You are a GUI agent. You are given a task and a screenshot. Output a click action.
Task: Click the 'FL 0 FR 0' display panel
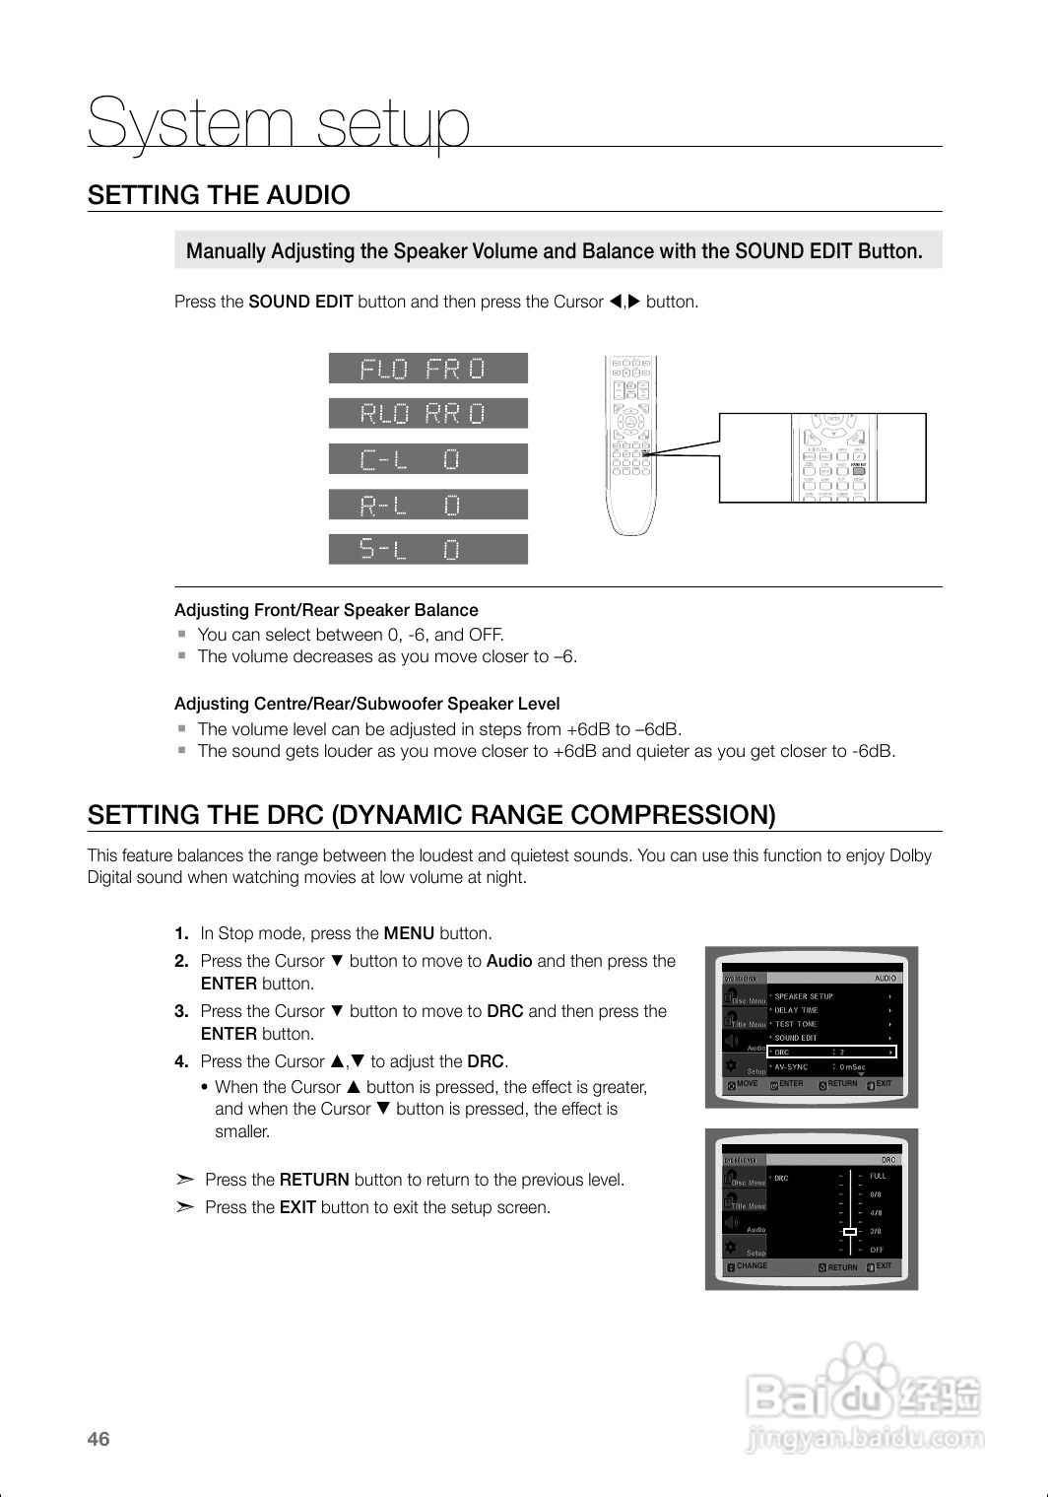[427, 369]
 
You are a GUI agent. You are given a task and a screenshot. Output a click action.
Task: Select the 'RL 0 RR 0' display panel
[427, 414]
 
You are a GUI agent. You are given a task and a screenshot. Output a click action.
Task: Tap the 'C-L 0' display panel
[427, 459]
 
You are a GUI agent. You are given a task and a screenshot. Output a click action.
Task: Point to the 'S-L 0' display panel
[427, 549]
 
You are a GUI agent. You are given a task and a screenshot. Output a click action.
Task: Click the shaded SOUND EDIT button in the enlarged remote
[859, 470]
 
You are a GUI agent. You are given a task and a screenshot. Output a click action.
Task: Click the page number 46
[98, 1439]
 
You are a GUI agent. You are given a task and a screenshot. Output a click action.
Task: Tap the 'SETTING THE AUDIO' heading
[219, 195]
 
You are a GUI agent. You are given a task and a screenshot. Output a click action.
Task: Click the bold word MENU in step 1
[409, 933]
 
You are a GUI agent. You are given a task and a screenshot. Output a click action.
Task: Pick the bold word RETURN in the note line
[314, 1180]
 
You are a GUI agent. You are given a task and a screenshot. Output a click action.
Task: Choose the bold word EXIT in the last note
[297, 1207]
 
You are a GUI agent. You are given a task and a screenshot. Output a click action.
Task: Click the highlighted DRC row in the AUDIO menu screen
[832, 1053]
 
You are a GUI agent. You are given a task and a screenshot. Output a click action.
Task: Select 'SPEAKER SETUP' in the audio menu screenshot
[804, 996]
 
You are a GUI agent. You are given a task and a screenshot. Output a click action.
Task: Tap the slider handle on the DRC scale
[849, 1231]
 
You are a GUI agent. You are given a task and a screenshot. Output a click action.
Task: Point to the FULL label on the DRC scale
[878, 1176]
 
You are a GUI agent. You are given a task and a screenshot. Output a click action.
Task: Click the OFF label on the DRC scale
[877, 1250]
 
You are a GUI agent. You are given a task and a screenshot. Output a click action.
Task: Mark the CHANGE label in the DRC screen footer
[752, 1266]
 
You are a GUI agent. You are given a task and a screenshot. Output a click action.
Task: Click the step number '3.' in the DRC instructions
[181, 1011]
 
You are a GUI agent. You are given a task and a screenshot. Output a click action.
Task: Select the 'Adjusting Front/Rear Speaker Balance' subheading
[326, 610]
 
